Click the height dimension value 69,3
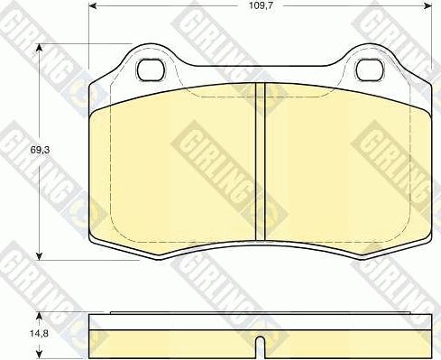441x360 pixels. (40, 150)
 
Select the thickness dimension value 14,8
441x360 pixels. (40, 333)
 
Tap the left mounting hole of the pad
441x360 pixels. (152, 69)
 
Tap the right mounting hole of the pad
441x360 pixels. (370, 69)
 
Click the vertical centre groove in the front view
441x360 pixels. (261, 162)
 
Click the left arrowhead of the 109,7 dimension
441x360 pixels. (93, 6)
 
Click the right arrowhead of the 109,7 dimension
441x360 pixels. (427, 6)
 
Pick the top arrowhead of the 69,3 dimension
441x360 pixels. (39, 48)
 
